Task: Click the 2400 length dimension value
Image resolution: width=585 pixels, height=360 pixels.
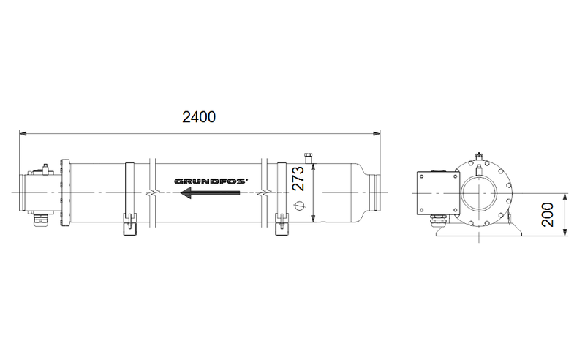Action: click(200, 117)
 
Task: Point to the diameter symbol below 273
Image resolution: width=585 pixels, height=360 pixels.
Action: click(298, 207)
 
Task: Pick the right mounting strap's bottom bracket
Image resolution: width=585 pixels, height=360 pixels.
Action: click(280, 225)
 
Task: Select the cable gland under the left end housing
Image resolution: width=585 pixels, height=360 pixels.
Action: click(34, 219)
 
